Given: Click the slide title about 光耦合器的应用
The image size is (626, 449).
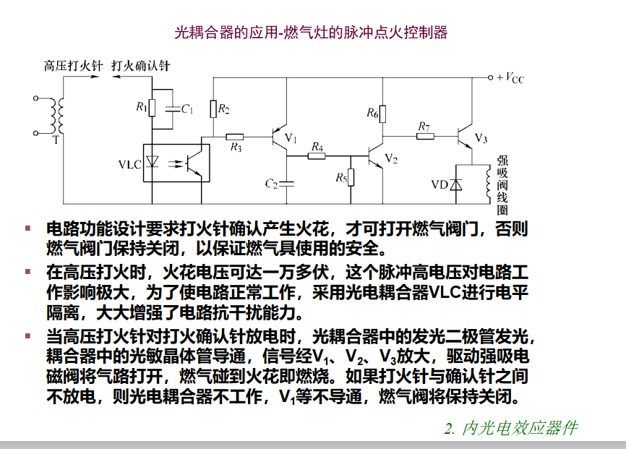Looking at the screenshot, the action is pyautogui.click(x=311, y=33).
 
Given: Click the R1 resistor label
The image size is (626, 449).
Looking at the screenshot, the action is pyautogui.click(x=142, y=107).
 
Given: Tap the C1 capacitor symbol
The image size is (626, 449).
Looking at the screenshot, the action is pyautogui.click(x=173, y=108).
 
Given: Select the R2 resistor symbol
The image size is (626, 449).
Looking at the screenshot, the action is pyautogui.click(x=213, y=109).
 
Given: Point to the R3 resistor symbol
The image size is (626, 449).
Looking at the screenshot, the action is pyautogui.click(x=234, y=137).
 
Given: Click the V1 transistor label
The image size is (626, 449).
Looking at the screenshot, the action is pyautogui.click(x=291, y=138).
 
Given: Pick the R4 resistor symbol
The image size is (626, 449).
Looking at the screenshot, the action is pyautogui.click(x=316, y=156).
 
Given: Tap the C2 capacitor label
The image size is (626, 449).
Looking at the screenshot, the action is pyautogui.click(x=271, y=184).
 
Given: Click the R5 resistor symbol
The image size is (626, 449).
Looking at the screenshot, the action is pyautogui.click(x=351, y=177).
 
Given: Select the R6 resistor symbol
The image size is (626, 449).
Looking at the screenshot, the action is pyautogui.click(x=382, y=114).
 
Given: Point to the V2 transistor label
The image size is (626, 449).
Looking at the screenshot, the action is pyautogui.click(x=391, y=159).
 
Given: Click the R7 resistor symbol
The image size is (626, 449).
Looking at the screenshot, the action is pyautogui.click(x=425, y=137).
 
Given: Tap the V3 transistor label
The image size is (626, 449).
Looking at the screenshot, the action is pyautogui.click(x=481, y=138).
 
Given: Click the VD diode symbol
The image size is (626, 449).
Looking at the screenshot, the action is pyautogui.click(x=456, y=184).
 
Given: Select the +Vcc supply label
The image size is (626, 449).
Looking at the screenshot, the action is pyautogui.click(x=510, y=78).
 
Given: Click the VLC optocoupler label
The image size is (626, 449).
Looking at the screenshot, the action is pyautogui.click(x=130, y=165).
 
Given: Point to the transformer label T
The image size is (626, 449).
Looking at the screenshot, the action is pyautogui.click(x=56, y=140).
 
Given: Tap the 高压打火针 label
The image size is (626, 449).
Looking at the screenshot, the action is pyautogui.click(x=74, y=66).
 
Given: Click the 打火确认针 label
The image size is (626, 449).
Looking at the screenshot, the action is pyautogui.click(x=141, y=66).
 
